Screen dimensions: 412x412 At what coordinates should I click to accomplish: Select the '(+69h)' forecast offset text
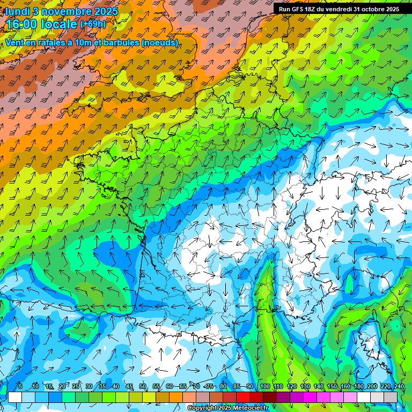[93, 24]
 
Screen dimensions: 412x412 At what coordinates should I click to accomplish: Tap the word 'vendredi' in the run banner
[339, 9]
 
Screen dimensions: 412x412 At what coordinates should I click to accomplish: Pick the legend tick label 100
[264, 387]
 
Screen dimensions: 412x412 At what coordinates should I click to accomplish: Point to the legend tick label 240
[398, 387]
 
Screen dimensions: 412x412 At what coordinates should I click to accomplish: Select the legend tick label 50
[143, 387]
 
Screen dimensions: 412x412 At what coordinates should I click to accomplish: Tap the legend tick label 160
[344, 387]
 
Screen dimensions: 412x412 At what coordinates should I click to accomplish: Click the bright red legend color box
[244, 398]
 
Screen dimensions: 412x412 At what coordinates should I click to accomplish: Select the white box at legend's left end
[15, 398]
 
